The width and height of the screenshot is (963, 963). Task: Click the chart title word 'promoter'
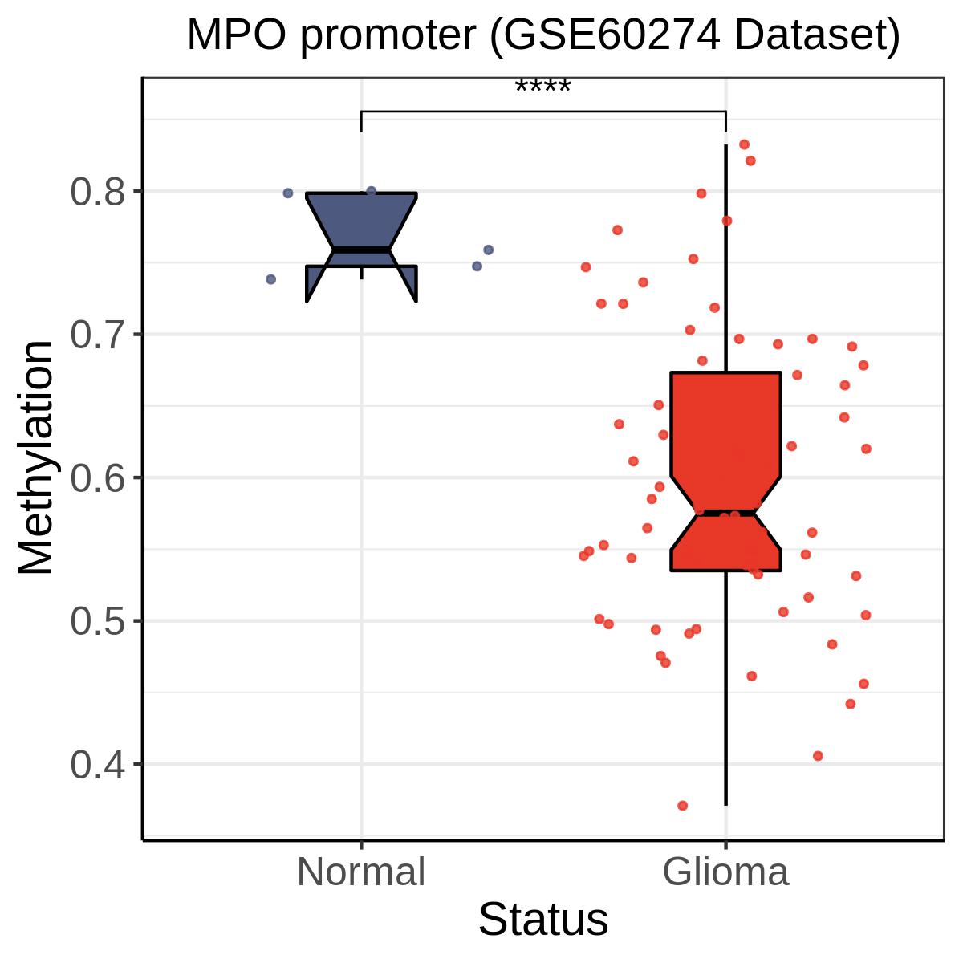(388, 36)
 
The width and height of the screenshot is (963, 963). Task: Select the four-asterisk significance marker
(542, 87)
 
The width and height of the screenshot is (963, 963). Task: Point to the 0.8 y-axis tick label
(97, 193)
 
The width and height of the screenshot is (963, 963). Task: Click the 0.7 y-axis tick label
(97, 335)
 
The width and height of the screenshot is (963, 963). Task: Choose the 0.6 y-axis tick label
(97, 479)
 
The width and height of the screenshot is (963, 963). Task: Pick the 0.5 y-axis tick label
(97, 622)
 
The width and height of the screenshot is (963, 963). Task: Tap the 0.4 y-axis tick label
(97, 766)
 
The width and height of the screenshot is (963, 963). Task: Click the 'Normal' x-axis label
(361, 872)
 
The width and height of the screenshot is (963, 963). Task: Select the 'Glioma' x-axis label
(725, 872)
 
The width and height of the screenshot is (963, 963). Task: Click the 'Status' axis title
(543, 920)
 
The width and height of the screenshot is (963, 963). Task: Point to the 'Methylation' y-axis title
(35, 457)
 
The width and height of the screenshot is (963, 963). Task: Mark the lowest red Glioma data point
(683, 805)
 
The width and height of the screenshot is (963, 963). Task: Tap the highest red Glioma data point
(744, 145)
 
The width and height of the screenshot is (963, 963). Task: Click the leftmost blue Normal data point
(271, 279)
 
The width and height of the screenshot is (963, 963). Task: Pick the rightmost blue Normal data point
(488, 250)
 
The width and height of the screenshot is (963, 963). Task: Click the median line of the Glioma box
(725, 513)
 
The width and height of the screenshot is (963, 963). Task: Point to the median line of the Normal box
(361, 250)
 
